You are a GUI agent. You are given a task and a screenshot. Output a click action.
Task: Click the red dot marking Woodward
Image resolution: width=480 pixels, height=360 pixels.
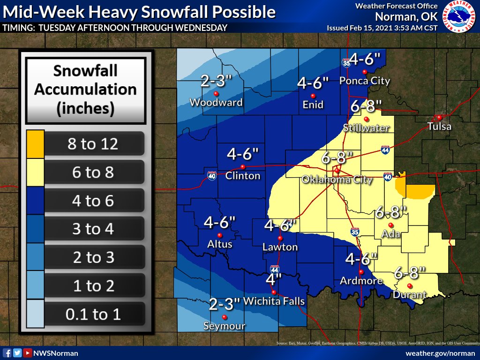click(216, 93)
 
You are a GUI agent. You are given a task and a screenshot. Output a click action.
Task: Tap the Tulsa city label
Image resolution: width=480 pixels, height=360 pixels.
click(439, 126)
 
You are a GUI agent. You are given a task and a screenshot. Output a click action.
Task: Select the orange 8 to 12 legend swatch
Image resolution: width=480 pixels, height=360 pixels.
click(35, 143)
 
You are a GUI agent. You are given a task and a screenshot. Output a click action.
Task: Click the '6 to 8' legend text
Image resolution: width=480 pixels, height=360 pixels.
click(93, 172)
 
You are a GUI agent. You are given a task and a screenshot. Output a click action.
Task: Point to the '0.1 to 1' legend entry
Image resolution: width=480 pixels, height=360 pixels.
click(93, 314)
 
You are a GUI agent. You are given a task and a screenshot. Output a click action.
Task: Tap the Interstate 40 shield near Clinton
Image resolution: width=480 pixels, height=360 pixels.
click(212, 175)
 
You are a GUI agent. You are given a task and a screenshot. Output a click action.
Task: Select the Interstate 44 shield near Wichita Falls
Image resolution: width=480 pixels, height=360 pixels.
click(275, 269)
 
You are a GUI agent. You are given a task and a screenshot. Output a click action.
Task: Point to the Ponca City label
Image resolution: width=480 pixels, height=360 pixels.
click(365, 81)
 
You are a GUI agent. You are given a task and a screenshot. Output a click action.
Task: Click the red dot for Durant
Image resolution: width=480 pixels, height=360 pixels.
click(409, 286)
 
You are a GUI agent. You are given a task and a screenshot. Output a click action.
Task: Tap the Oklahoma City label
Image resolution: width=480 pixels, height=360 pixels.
click(337, 179)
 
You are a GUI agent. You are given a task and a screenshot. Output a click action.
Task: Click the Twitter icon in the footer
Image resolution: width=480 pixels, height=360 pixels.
click(17, 353)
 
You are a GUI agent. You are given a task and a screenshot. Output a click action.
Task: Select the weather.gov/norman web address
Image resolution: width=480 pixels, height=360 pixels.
click(440, 353)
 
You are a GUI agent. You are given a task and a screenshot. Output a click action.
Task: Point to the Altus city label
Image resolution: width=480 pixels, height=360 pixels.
click(220, 244)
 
